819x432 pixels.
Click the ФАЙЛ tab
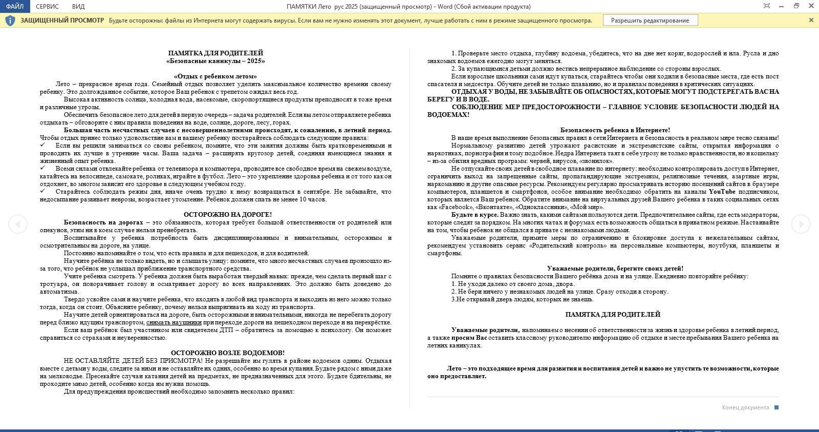click(x=15, y=6)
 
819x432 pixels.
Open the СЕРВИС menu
click(x=48, y=6)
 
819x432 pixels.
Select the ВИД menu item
click(x=78, y=6)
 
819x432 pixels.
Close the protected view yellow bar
click(x=811, y=20)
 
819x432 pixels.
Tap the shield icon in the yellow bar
click(x=10, y=20)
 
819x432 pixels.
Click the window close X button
click(x=811, y=6)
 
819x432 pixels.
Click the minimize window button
click(x=781, y=6)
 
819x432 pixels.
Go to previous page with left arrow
click(x=17, y=224)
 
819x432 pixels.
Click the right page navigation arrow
click(x=801, y=224)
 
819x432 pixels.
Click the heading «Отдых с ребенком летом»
click(x=215, y=76)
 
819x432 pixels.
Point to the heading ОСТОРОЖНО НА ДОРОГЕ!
click(x=228, y=215)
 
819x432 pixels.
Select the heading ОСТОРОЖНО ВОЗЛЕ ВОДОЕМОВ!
click(x=228, y=353)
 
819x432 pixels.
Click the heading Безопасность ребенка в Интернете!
click(x=615, y=130)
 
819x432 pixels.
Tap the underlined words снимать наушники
click(x=174, y=322)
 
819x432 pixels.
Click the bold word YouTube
click(x=722, y=192)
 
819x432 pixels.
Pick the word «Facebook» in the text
click(x=456, y=207)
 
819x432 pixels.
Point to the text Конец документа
click(x=745, y=407)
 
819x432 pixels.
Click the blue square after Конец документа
click(x=777, y=407)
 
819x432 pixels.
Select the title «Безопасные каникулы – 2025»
click(x=215, y=61)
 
